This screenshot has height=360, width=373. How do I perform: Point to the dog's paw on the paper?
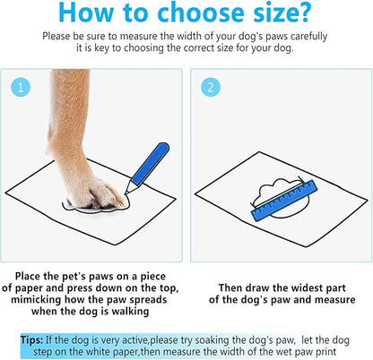click(x=100, y=193)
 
